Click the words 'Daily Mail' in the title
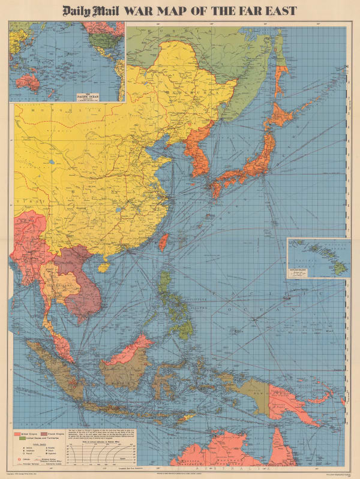coord(91,10)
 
